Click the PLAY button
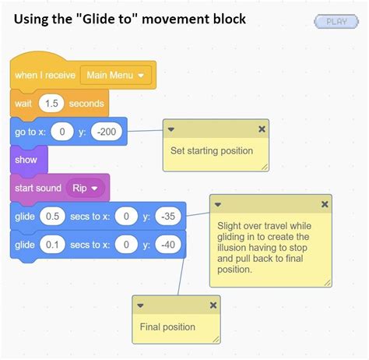(x=337, y=22)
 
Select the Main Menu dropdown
(x=115, y=76)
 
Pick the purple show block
(x=26, y=160)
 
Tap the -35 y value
(x=167, y=217)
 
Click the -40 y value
(x=167, y=245)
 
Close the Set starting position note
(x=262, y=129)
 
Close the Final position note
(x=213, y=305)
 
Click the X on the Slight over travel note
(x=324, y=204)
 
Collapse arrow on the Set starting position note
(x=171, y=129)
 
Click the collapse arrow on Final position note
(x=141, y=305)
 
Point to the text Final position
(x=167, y=326)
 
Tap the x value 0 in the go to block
(x=61, y=132)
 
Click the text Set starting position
(x=211, y=150)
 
